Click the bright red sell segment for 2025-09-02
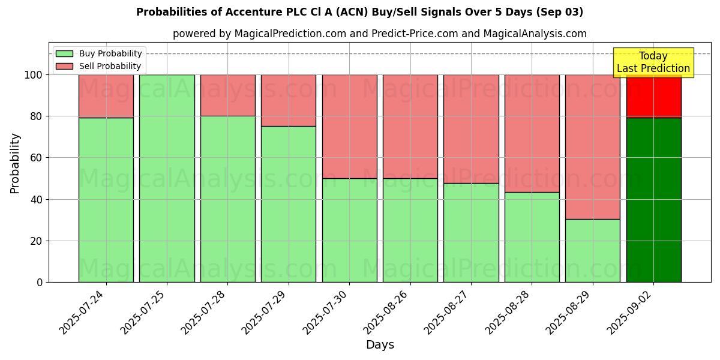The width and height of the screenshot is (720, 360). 653,96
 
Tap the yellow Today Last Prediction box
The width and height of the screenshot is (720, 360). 653,62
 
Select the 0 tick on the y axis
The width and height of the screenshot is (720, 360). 40,282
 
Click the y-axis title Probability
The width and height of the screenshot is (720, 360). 16,163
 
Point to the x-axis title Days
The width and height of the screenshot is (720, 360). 380,345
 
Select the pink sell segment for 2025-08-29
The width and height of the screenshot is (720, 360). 593,146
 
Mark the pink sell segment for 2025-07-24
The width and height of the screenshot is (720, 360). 106,96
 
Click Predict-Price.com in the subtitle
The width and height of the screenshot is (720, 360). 413,34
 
